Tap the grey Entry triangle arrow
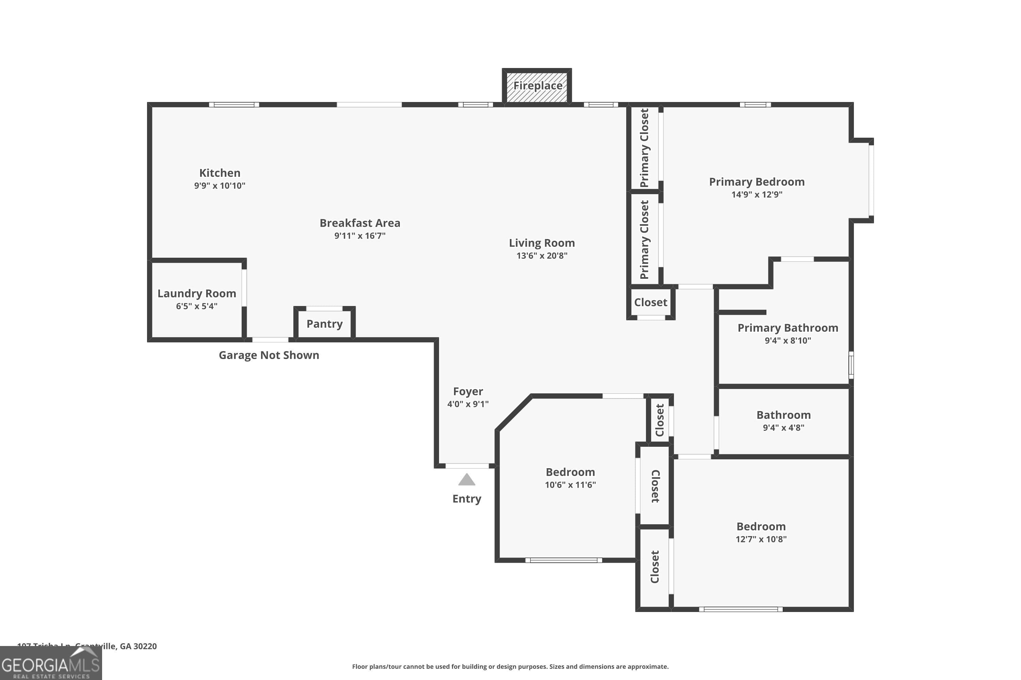pyautogui.click(x=467, y=480)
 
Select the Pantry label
pyautogui.click(x=324, y=324)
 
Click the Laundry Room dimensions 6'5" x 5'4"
pyautogui.click(x=197, y=306)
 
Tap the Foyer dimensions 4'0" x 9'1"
pyautogui.click(x=468, y=404)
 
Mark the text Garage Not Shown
pyautogui.click(x=269, y=355)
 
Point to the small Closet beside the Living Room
pyautogui.click(x=650, y=302)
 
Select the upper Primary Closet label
pyautogui.click(x=644, y=148)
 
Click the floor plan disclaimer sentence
pyautogui.click(x=510, y=666)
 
